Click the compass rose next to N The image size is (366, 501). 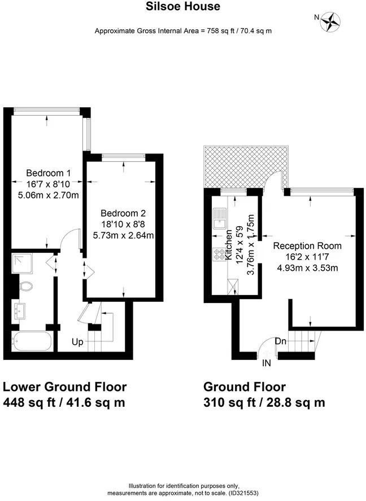coord(330,21)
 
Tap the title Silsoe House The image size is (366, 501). coord(183,6)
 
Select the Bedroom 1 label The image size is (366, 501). coord(49,173)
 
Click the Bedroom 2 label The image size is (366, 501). coord(123,213)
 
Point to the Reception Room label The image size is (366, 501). coord(307,246)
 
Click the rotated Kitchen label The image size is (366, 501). coord(229,245)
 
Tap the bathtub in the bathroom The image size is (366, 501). coord(32,341)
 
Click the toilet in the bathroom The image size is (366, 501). coord(25,286)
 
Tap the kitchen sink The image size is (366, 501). coord(220,218)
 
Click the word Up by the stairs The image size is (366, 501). coord(77,342)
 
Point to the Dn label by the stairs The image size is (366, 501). coord(281,341)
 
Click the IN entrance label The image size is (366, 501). coord(267,363)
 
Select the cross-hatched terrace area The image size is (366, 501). coord(246,167)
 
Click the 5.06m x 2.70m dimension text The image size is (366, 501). coord(49,195)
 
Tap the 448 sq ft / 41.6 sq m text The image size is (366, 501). coord(64,402)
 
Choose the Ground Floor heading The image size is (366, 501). coord(245,387)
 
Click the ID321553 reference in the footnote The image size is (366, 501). coord(243,493)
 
